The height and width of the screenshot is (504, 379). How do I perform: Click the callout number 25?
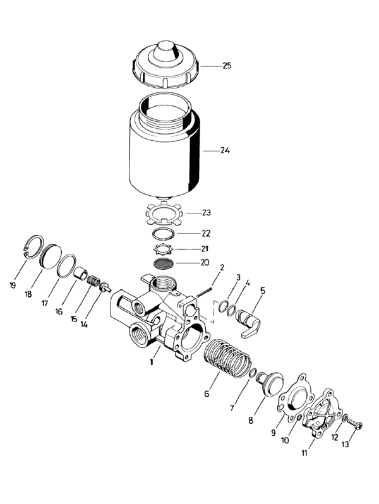pyautogui.click(x=227, y=66)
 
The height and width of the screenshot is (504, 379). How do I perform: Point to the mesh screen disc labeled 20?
pyautogui.click(x=166, y=261)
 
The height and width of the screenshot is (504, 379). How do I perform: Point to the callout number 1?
pyautogui.click(x=151, y=363)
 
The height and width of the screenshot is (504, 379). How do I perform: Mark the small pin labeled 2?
pyautogui.click(x=204, y=291)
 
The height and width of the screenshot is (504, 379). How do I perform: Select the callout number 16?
pyautogui.click(x=58, y=311)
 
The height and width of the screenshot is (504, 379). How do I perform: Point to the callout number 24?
pyautogui.click(x=225, y=150)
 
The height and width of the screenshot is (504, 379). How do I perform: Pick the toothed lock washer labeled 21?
pyautogui.click(x=166, y=248)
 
